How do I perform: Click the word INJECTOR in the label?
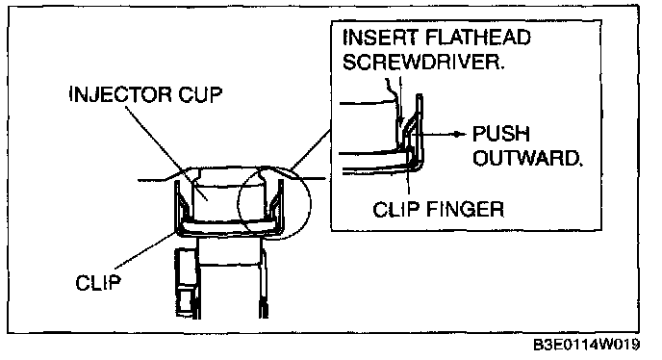[120, 94]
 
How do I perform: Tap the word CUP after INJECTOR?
[200, 94]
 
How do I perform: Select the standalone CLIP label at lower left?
[98, 282]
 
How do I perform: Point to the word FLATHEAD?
[478, 38]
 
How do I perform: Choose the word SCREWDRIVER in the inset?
[423, 63]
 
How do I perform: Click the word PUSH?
[500, 134]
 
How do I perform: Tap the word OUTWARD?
[527, 158]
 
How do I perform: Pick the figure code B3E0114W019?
[586, 345]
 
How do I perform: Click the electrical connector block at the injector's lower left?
[187, 282]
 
